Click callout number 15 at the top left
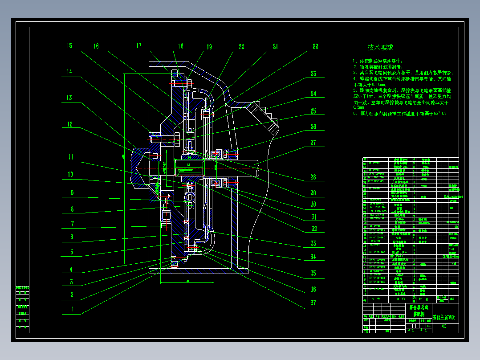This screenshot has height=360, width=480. (69, 46)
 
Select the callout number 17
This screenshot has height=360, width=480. (139, 45)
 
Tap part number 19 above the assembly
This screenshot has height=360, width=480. (209, 47)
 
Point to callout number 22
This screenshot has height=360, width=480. (315, 46)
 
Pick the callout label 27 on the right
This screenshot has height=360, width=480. (313, 143)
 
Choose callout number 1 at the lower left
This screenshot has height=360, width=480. (72, 308)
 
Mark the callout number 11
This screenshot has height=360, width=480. (70, 157)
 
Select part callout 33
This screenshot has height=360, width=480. (313, 243)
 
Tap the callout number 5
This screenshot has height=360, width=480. (71, 252)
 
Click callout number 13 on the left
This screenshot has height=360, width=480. (69, 98)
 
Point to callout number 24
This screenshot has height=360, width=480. (313, 94)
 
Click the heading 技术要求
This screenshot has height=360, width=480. (380, 47)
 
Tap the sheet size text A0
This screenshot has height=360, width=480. (443, 326)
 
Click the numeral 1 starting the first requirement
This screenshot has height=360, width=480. (354, 61)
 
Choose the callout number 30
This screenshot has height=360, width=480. (313, 205)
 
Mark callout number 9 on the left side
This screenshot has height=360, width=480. (71, 193)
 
